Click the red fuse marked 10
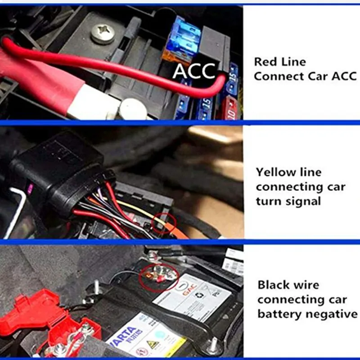pos(229,108)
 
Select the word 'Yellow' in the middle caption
pos(276,172)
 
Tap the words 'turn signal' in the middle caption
pos(288,201)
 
